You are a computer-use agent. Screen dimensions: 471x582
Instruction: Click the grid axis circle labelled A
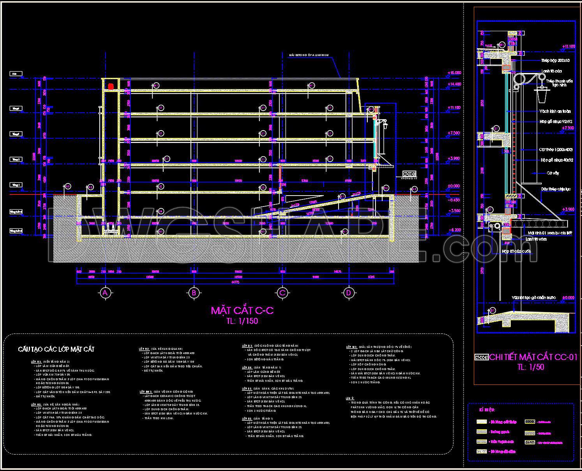[x=104, y=293]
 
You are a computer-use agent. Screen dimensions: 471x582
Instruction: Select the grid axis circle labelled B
[x=193, y=293]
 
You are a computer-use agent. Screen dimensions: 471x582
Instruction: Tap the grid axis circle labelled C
[x=282, y=293]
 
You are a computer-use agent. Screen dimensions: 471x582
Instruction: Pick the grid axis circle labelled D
[x=348, y=293]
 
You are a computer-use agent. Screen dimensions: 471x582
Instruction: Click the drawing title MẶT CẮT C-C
[x=242, y=310]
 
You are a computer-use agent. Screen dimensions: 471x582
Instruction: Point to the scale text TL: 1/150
[x=242, y=321]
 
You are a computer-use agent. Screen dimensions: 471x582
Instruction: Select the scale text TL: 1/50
[x=530, y=367]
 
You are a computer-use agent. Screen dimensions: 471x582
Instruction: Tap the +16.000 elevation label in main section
[x=454, y=73]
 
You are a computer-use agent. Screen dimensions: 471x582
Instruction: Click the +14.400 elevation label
[x=454, y=84]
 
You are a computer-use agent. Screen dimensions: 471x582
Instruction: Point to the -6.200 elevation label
[x=454, y=230]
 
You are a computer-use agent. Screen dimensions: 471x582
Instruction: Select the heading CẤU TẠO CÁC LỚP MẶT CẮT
[x=56, y=349]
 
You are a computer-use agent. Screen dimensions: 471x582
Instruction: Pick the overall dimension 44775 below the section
[x=235, y=282]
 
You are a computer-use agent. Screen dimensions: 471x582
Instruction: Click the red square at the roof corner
[x=111, y=86]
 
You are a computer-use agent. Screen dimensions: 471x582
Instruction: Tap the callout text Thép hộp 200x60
[x=555, y=61]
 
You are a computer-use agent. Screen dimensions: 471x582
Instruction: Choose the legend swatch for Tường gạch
[x=482, y=432]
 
